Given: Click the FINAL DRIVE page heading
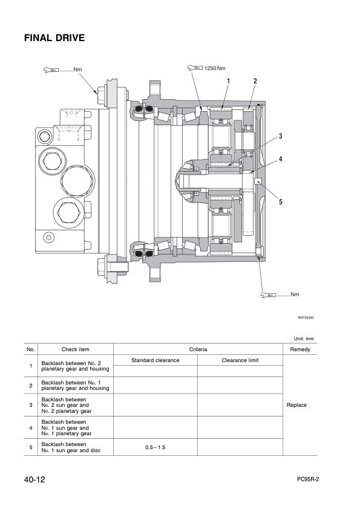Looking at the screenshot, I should [x=54, y=38].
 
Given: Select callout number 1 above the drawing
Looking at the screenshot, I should [x=228, y=81].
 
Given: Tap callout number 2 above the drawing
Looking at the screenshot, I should [x=255, y=81].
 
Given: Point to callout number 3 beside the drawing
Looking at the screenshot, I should [x=280, y=137].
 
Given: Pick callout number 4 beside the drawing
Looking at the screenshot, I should [x=280, y=159].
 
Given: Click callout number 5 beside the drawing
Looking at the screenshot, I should [x=280, y=202].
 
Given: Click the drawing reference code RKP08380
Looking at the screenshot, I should [x=306, y=316].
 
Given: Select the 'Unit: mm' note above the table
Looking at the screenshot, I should [x=304, y=339].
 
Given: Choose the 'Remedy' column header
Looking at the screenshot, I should [x=299, y=349].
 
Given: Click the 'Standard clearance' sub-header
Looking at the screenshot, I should [x=155, y=360].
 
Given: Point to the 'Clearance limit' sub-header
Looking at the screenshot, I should [x=240, y=360].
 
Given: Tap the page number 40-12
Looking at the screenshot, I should [x=35, y=480].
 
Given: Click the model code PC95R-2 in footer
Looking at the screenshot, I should [x=308, y=479].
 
